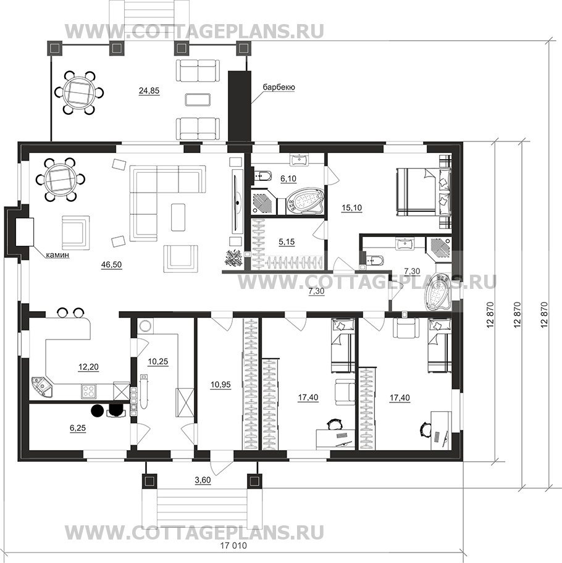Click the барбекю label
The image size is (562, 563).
[279, 88]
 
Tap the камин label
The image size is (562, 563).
[57, 256]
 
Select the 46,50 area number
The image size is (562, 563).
[111, 265]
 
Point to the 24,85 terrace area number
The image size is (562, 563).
[149, 91]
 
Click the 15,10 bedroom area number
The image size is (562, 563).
[352, 207]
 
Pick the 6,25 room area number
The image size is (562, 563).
[78, 428]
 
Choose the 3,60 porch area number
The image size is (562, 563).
[203, 480]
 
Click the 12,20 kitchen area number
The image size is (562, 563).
[88, 367]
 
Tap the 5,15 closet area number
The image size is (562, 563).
[287, 242]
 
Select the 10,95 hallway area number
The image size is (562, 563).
[220, 385]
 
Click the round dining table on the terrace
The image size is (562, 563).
[79, 92]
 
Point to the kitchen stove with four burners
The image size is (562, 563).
[88, 391]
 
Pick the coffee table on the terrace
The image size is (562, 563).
[197, 99]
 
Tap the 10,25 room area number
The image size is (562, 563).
[158, 362]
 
